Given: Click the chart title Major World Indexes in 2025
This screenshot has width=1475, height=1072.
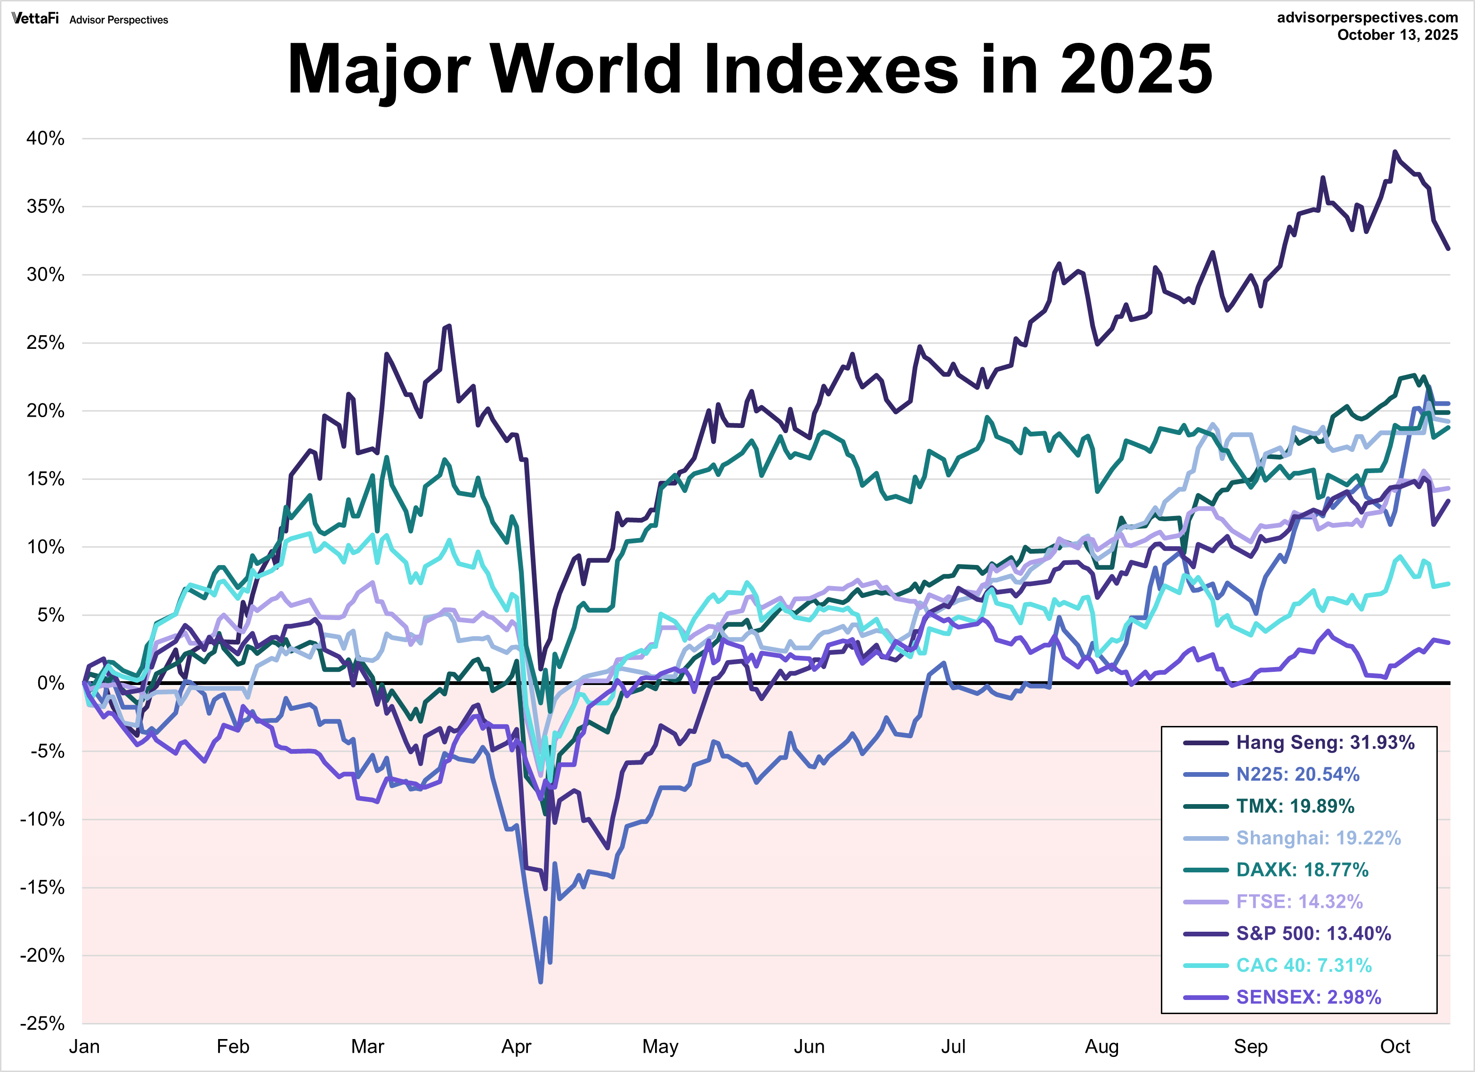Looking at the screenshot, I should click(750, 69).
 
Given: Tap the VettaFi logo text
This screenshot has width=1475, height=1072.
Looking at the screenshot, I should click(35, 18).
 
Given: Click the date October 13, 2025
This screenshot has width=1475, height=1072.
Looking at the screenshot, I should click(1397, 35).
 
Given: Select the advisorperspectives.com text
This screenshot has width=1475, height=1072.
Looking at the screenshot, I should click(1367, 17).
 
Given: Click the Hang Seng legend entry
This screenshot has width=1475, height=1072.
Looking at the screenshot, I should click(1325, 742).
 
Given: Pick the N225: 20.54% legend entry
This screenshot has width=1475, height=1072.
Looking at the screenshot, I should click(1297, 774).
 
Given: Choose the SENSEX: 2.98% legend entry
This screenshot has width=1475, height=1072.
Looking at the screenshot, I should click(1308, 997).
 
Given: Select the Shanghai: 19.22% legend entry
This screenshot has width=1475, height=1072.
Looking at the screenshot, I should click(1318, 838).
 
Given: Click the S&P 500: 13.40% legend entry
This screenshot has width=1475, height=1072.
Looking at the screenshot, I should click(1313, 934).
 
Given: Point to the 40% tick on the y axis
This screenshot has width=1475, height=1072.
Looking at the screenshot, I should click(46, 138).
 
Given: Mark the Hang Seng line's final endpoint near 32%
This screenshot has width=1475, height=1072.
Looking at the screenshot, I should click(1448, 248).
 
